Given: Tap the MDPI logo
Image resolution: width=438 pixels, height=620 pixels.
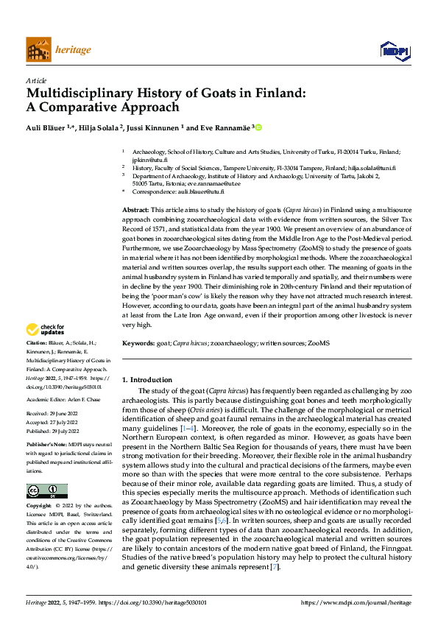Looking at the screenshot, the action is (x=394, y=50).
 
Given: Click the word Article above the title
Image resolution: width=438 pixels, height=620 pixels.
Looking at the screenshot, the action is (x=35, y=80).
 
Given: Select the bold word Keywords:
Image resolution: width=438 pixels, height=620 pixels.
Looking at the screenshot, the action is (x=139, y=342).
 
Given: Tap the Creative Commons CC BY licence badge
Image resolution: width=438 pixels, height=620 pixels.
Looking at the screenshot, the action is (x=46, y=491).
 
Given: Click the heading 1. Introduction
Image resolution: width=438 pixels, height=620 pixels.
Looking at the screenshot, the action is (x=146, y=380).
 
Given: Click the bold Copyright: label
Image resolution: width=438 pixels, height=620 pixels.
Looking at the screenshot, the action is (x=40, y=507).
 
